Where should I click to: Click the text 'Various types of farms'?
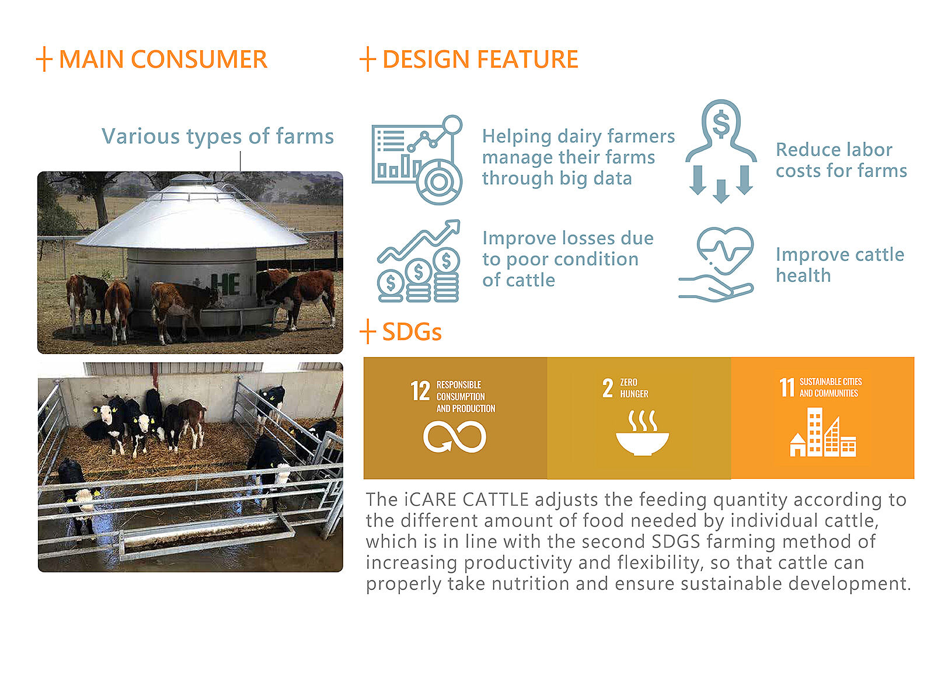[217, 136]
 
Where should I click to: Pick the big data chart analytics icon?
[417, 159]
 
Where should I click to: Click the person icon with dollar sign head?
[721, 151]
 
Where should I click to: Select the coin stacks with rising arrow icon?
[419, 261]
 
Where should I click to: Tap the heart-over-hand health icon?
[716, 264]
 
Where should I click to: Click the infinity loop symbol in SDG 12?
[454, 437]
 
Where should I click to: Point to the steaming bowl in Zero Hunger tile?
[642, 433]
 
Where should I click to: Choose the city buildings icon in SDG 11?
[823, 432]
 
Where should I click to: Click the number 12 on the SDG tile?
[420, 391]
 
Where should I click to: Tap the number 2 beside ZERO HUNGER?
[608, 388]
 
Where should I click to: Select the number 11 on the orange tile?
[787, 387]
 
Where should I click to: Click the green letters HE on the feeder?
[225, 284]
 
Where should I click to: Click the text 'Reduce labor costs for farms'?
[841, 160]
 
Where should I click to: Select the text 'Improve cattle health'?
[839, 264]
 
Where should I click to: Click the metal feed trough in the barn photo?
[207, 538]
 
